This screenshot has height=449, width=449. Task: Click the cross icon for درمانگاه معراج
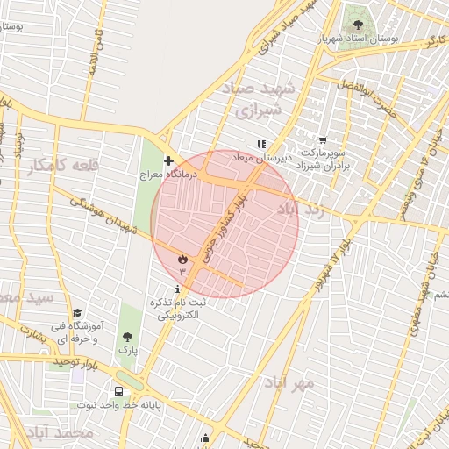coord(168,161)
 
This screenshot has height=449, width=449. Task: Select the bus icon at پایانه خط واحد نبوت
coord(118,391)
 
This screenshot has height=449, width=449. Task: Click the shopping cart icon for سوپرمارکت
coord(323,139)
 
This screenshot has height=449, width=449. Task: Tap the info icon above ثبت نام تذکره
coord(179,289)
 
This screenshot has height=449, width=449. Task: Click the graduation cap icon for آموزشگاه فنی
coord(77,313)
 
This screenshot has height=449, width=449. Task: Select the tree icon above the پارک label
coord(129,336)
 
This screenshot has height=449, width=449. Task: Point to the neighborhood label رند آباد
coord(301,210)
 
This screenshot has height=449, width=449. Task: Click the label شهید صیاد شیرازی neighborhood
coord(268,100)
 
